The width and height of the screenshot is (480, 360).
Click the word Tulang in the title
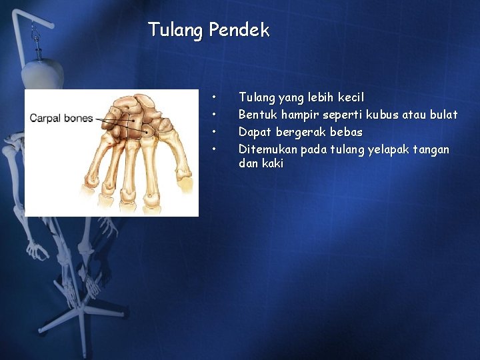coord(175,30)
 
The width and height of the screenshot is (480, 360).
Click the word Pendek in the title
coord(239,30)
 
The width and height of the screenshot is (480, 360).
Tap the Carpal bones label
coord(61,118)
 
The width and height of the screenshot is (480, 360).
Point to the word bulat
coord(443,115)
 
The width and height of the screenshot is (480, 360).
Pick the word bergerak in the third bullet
coord(301,133)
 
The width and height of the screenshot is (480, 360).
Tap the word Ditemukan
coord(268,149)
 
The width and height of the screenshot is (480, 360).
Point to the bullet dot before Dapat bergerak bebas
coord(214,132)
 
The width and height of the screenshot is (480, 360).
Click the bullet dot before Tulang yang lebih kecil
coord(214,97)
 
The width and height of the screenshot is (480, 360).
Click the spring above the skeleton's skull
coord(38,51)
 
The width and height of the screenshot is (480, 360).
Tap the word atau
coord(414,115)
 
